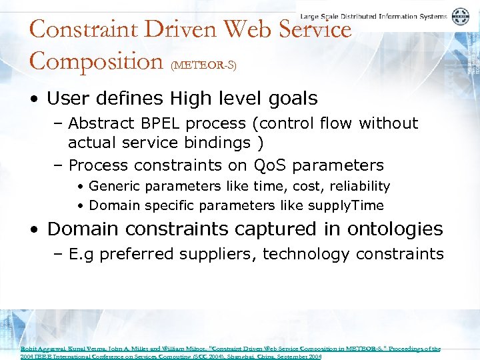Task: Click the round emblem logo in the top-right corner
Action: [x=461, y=17]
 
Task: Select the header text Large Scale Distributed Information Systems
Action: [x=374, y=16]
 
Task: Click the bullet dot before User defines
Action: [x=33, y=99]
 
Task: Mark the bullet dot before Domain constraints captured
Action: [x=33, y=229]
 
